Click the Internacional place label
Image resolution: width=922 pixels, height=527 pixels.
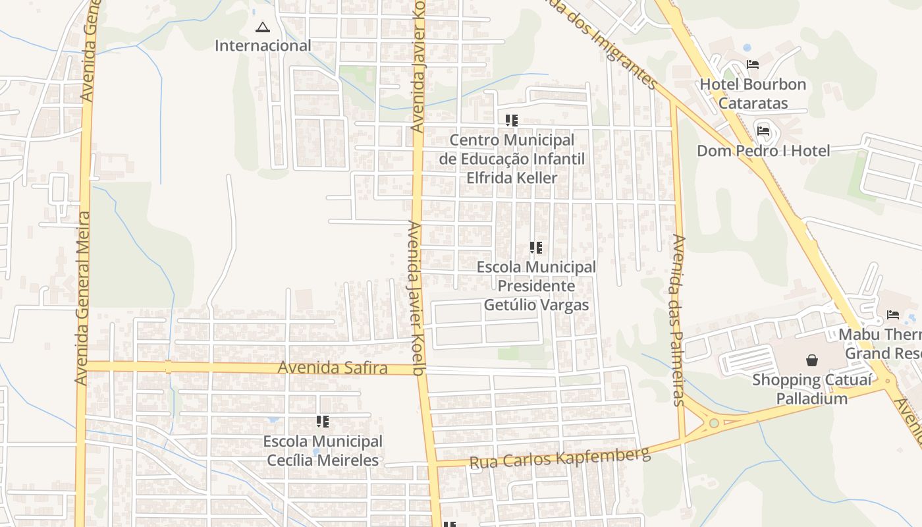[x=263, y=45]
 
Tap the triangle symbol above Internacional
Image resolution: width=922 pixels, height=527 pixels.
[x=263, y=28]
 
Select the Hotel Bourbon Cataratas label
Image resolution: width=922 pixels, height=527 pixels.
[x=753, y=94]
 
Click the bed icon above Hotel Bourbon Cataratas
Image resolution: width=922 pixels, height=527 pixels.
[x=753, y=65]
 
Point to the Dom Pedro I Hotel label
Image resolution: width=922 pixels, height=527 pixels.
[x=763, y=151]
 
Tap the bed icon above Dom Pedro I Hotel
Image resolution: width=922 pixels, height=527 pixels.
[x=763, y=130]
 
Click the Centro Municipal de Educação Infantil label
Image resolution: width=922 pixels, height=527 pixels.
[x=512, y=159]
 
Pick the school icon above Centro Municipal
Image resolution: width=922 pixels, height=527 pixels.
[x=512, y=121]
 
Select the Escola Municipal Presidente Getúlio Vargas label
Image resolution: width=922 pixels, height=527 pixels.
[x=536, y=286]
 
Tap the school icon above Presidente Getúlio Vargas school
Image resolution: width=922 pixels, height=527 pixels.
[x=536, y=248]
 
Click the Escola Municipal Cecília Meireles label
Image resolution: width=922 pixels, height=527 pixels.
[x=323, y=451]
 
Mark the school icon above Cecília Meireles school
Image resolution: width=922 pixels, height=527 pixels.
[x=323, y=422]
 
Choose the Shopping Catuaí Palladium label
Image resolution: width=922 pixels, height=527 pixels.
[x=812, y=389]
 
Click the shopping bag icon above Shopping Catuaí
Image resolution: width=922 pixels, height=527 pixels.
[x=812, y=360]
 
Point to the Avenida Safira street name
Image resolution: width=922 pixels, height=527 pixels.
[x=333, y=367]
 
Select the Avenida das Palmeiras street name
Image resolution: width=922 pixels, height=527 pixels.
[x=679, y=319]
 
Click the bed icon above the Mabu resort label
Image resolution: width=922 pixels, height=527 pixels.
[x=893, y=315]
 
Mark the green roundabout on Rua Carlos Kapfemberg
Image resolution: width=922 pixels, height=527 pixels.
[x=714, y=423]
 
